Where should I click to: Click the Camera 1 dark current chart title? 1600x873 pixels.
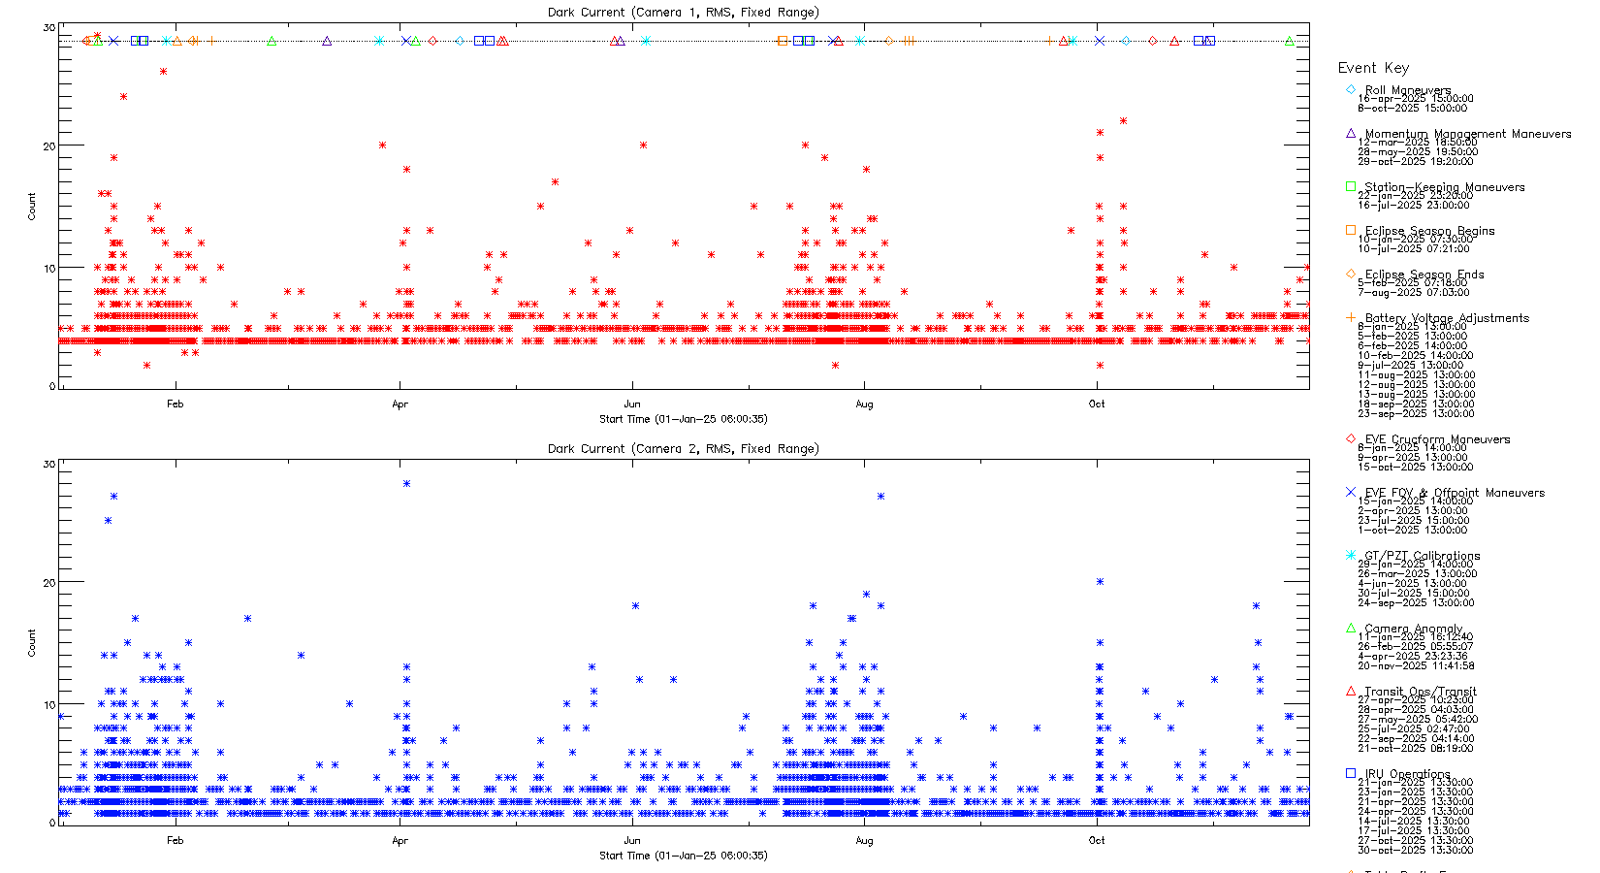683,13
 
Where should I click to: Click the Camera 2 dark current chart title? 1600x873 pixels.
683,449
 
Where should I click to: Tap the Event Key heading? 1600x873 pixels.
1373,68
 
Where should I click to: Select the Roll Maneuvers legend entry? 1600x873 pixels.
1407,90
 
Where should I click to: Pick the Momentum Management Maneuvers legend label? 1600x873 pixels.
1467,134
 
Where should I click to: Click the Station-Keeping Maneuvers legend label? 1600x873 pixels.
1444,187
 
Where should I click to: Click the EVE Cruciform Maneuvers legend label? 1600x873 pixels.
1437,439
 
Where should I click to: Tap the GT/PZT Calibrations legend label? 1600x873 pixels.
1422,556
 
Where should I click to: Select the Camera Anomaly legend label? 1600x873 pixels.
1413,629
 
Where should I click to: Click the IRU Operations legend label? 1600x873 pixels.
1407,774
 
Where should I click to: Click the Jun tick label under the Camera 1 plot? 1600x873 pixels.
632,404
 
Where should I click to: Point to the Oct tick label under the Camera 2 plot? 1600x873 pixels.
1097,841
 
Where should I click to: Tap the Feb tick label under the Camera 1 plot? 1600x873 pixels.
175,404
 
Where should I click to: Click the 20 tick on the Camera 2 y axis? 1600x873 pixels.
49,583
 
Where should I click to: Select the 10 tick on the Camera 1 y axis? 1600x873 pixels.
49,269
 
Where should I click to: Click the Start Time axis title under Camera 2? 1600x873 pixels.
683,856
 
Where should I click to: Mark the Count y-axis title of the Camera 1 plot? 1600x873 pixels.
32,206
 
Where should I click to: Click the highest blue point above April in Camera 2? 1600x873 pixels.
406,483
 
